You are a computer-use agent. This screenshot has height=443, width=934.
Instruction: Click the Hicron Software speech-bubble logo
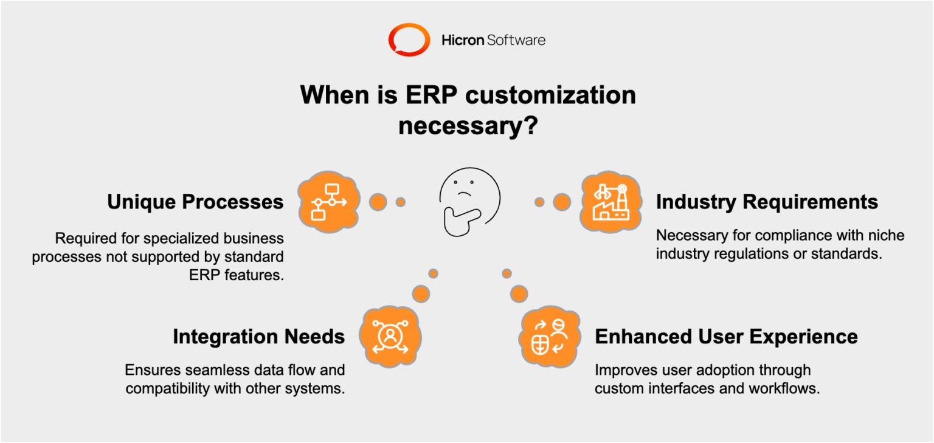point(409,40)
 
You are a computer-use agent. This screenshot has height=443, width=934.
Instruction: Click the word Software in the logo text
point(516,41)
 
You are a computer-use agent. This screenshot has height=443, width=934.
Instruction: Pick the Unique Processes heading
point(195,202)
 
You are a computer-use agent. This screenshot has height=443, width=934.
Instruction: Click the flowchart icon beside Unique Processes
point(328,201)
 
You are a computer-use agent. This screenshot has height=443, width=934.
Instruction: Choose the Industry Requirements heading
point(767,202)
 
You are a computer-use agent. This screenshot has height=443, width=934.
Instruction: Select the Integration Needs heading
point(258,336)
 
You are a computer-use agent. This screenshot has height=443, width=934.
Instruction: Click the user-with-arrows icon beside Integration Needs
point(390,336)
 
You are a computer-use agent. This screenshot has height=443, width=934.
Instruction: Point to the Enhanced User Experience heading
point(726,336)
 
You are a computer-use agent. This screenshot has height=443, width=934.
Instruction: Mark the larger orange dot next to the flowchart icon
point(378,202)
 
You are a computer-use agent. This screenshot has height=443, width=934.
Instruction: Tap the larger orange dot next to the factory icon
point(561,202)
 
